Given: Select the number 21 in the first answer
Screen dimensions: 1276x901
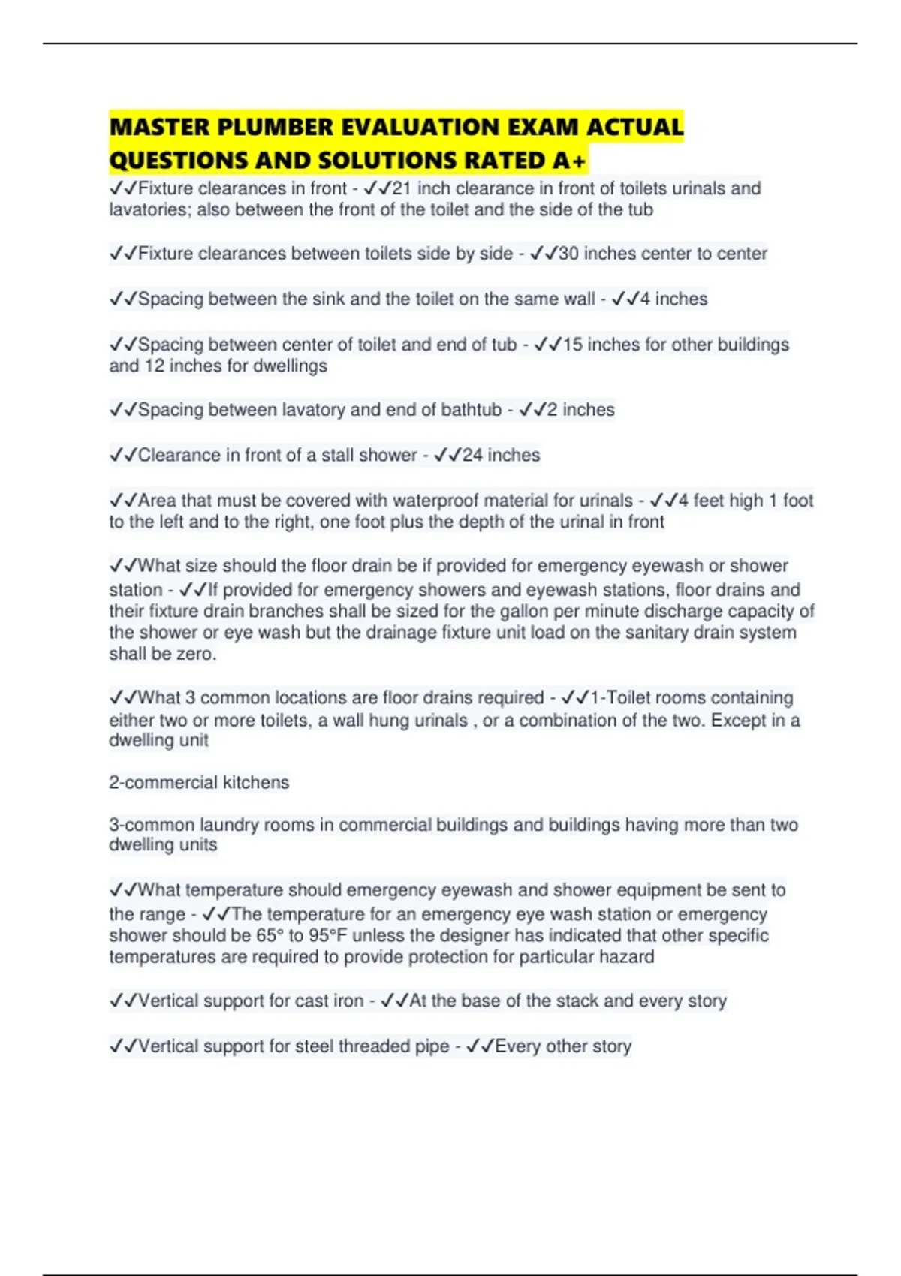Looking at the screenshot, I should pyautogui.click(x=402, y=188).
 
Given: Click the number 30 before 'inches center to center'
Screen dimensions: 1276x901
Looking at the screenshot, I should pyautogui.click(x=568, y=254).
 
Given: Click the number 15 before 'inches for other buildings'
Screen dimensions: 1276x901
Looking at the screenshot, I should pyautogui.click(x=572, y=345).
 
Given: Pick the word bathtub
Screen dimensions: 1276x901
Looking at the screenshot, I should pyautogui.click(x=471, y=410).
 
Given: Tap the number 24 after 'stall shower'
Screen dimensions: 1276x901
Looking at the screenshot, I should pyautogui.click(x=472, y=455).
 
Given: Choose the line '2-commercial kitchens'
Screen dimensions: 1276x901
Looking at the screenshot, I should pyautogui.click(x=199, y=782).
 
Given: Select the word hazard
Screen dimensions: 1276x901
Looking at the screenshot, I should pyautogui.click(x=629, y=957).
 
